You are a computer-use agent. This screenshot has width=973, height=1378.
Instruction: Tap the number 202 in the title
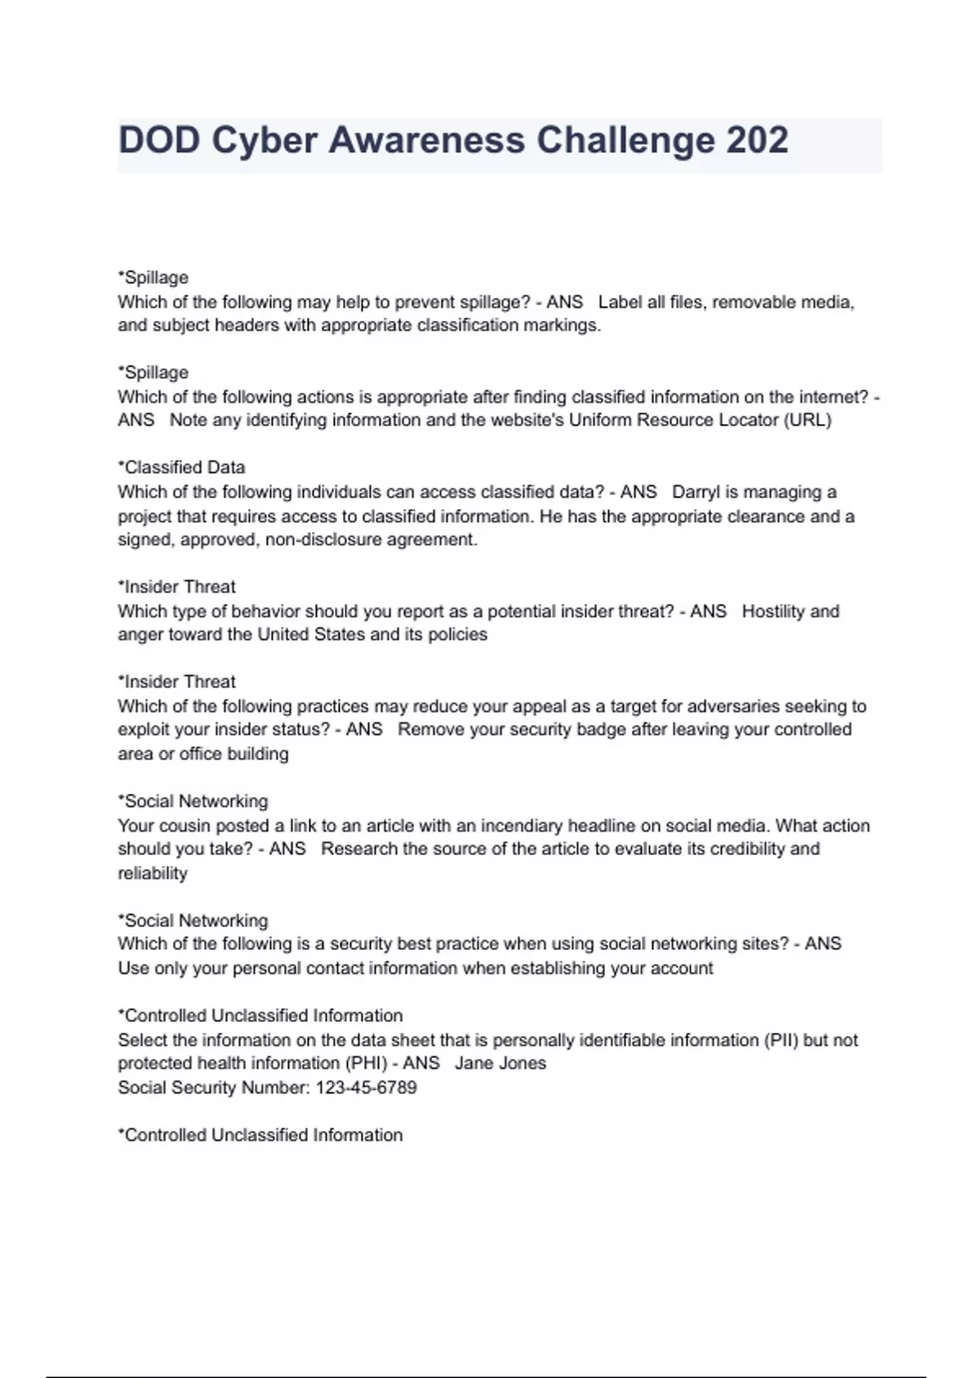click(757, 140)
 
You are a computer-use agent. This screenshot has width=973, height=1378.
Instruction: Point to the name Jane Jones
click(500, 1063)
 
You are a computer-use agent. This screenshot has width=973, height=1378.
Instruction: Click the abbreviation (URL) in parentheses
click(807, 421)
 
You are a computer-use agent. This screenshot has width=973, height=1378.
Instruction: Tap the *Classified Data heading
click(182, 468)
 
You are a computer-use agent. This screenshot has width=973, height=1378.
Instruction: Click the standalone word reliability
click(152, 874)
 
